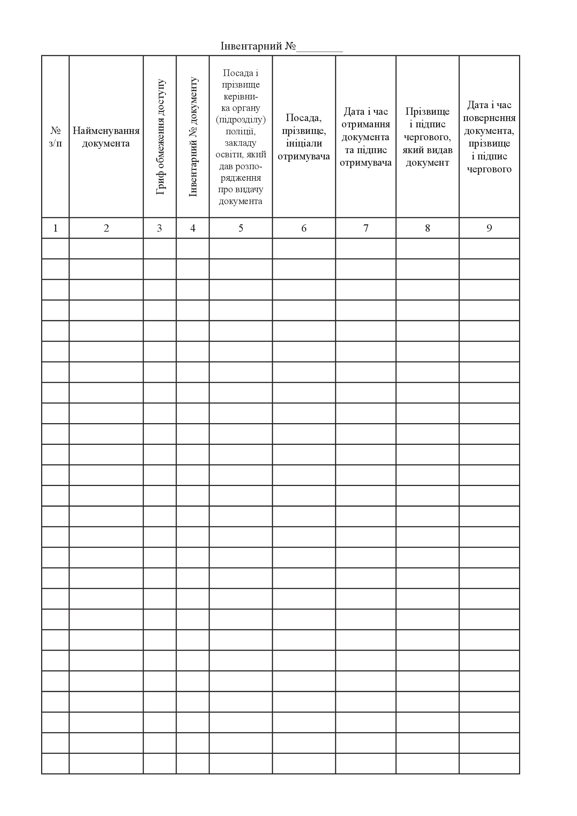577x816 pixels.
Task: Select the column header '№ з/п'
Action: pyautogui.click(x=55, y=137)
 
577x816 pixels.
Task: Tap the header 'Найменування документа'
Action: pyautogui.click(x=106, y=137)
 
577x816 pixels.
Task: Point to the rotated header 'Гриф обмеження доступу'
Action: pyautogui.click(x=160, y=137)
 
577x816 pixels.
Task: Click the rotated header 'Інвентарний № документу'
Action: pyautogui.click(x=193, y=137)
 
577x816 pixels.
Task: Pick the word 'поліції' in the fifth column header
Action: pyautogui.click(x=241, y=131)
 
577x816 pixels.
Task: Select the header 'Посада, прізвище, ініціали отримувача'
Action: pyautogui.click(x=304, y=137)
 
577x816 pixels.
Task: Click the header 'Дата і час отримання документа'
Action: pyautogui.click(x=366, y=137)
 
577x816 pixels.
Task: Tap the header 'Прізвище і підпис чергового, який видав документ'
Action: pyautogui.click(x=427, y=137)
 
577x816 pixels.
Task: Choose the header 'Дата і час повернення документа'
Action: pyautogui.click(x=489, y=137)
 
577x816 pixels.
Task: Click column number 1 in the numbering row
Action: pyautogui.click(x=55, y=228)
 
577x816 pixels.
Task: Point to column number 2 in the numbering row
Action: pyautogui.click(x=106, y=228)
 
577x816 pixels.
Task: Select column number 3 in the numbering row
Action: pyautogui.click(x=159, y=228)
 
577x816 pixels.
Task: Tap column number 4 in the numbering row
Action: pyautogui.click(x=193, y=228)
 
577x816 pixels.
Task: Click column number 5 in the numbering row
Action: pyautogui.click(x=241, y=228)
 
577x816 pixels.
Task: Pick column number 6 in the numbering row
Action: pyautogui.click(x=304, y=228)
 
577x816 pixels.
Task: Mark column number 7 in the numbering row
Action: pyautogui.click(x=366, y=228)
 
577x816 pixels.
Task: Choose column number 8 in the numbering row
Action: pyautogui.click(x=427, y=228)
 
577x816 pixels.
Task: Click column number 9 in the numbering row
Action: pyautogui.click(x=489, y=228)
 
